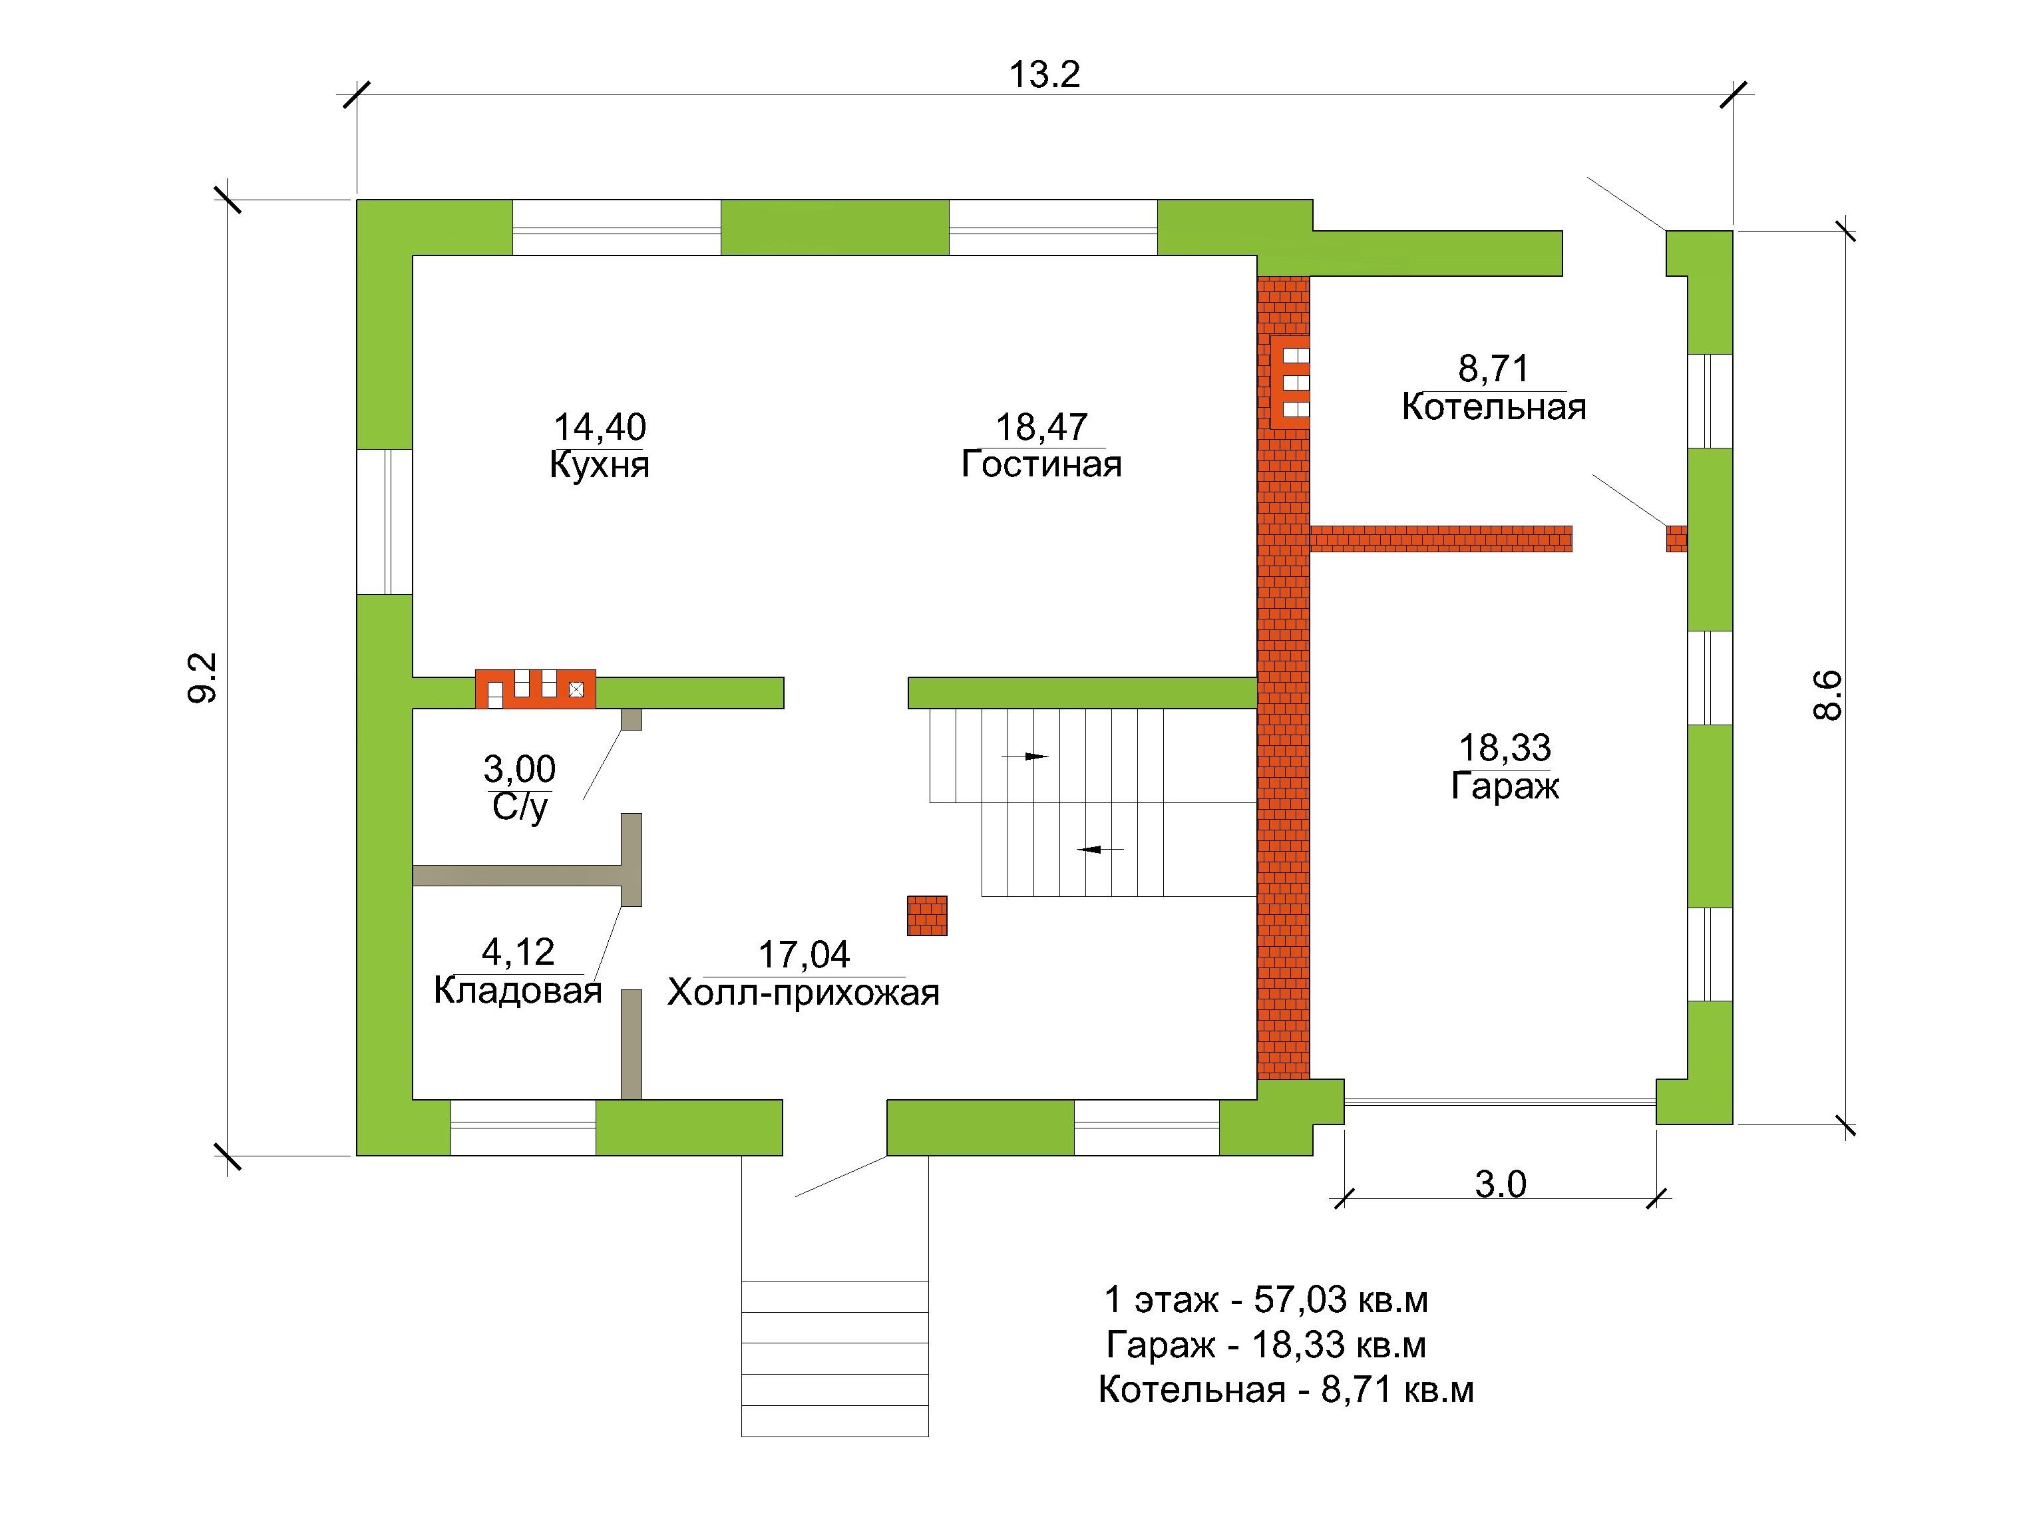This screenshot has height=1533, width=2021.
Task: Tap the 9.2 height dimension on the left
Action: [203, 677]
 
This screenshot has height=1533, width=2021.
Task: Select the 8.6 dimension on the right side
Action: [1827, 695]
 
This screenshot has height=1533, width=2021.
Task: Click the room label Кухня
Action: [600, 465]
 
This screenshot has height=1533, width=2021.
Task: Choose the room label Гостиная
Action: [1041, 464]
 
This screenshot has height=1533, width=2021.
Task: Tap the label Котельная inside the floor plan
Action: [1494, 407]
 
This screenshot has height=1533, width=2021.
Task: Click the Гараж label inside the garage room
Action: [1505, 786]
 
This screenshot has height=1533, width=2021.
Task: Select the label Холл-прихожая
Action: [803, 992]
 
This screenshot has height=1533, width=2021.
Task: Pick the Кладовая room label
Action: [517, 990]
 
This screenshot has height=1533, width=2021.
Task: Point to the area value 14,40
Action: [600, 426]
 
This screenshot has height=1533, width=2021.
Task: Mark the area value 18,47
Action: [1041, 426]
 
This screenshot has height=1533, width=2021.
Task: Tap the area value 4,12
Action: [518, 952]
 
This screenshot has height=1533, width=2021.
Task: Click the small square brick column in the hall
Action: [926, 916]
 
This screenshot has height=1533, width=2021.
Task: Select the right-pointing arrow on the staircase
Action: [1025, 757]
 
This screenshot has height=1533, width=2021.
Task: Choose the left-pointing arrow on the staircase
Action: [1100, 850]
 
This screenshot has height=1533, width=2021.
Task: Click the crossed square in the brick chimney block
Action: [576, 690]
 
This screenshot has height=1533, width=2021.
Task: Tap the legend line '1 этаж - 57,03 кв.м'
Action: [1266, 1299]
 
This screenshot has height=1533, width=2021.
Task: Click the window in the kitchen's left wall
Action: [385, 522]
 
